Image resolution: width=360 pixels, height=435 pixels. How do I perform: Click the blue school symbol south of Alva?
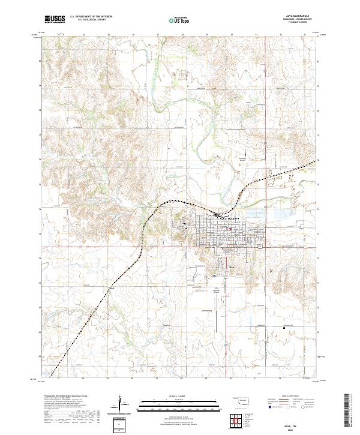214,275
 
